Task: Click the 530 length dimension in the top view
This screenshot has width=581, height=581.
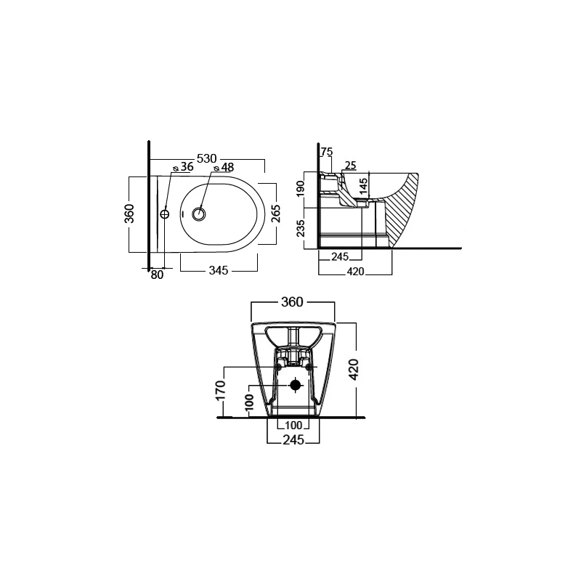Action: [206, 158]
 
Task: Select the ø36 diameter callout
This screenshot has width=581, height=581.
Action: [184, 167]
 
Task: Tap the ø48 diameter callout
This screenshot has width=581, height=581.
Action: [224, 168]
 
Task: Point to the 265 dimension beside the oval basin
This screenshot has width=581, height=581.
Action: [276, 214]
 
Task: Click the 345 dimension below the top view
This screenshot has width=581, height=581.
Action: [219, 270]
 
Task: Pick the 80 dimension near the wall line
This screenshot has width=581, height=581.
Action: [157, 275]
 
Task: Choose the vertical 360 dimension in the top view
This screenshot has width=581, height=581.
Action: [129, 214]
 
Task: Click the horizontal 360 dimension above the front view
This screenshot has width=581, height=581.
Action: [292, 302]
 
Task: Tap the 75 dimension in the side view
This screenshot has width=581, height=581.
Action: [327, 152]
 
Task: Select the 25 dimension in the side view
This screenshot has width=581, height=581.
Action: [351, 166]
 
